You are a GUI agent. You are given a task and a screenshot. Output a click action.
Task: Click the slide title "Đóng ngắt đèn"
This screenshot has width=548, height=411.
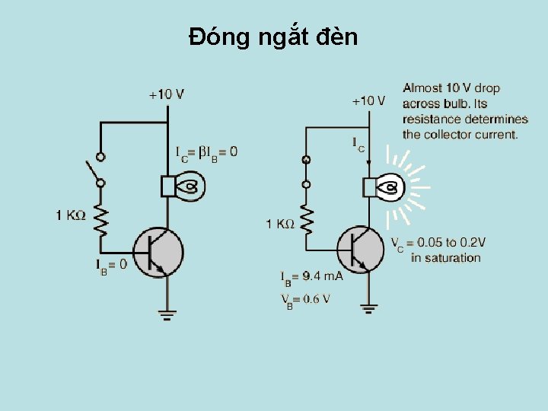pyautogui.click(x=273, y=37)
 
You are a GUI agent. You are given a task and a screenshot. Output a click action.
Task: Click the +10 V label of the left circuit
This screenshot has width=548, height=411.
pyautogui.click(x=166, y=94)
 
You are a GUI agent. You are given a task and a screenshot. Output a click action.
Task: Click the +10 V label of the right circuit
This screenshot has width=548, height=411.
pyautogui.click(x=368, y=100)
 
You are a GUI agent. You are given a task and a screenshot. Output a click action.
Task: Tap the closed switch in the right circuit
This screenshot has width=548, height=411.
pyautogui.click(x=306, y=172)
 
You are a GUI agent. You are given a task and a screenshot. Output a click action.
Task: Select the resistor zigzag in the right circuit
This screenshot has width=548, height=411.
pyautogui.click(x=307, y=219)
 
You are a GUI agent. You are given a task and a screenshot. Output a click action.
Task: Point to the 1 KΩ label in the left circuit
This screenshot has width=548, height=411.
pyautogui.click(x=70, y=215)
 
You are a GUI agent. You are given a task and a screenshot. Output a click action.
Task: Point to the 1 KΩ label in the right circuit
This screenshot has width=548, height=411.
pyautogui.click(x=279, y=224)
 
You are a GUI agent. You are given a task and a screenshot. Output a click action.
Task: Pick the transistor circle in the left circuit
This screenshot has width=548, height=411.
pyautogui.click(x=158, y=252)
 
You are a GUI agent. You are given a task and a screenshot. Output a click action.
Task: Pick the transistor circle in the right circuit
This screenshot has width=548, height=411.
pyautogui.click(x=363, y=249)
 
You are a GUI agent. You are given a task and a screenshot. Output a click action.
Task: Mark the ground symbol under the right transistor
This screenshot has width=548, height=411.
pyautogui.click(x=369, y=307)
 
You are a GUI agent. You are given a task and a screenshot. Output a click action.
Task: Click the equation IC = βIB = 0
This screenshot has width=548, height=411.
pyautogui.click(x=205, y=152)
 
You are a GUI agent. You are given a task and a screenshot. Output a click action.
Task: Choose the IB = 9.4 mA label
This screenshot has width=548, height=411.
pyautogui.click(x=311, y=276)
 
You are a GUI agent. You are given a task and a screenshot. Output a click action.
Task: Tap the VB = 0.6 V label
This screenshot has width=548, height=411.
pyautogui.click(x=305, y=299)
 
